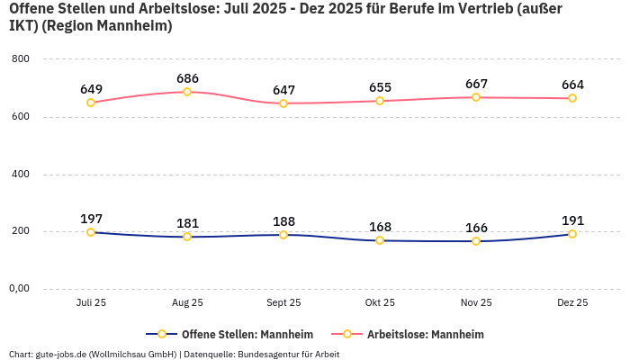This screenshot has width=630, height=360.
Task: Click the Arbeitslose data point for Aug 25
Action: (x=187, y=92)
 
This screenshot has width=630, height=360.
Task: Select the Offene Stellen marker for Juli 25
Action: (x=91, y=232)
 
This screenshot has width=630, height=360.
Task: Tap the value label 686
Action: (x=187, y=78)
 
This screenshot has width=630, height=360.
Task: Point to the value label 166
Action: (x=476, y=228)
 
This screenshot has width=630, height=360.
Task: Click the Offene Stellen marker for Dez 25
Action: (x=572, y=234)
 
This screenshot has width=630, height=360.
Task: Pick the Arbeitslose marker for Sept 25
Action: (x=283, y=103)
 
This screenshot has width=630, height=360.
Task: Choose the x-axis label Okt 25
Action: (x=380, y=303)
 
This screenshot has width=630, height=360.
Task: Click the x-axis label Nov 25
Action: (x=476, y=303)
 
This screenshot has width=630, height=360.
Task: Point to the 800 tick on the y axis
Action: (x=21, y=59)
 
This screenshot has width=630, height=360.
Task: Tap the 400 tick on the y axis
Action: (x=21, y=174)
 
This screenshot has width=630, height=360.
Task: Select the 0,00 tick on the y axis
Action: (x=18, y=289)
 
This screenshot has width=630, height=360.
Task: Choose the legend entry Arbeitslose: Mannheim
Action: (x=415, y=334)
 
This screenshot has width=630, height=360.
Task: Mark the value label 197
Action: (x=91, y=219)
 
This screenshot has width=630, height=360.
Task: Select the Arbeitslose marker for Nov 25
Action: (x=476, y=97)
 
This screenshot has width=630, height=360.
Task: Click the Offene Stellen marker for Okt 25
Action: (x=380, y=240)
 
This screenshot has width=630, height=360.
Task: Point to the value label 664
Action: (x=572, y=85)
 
